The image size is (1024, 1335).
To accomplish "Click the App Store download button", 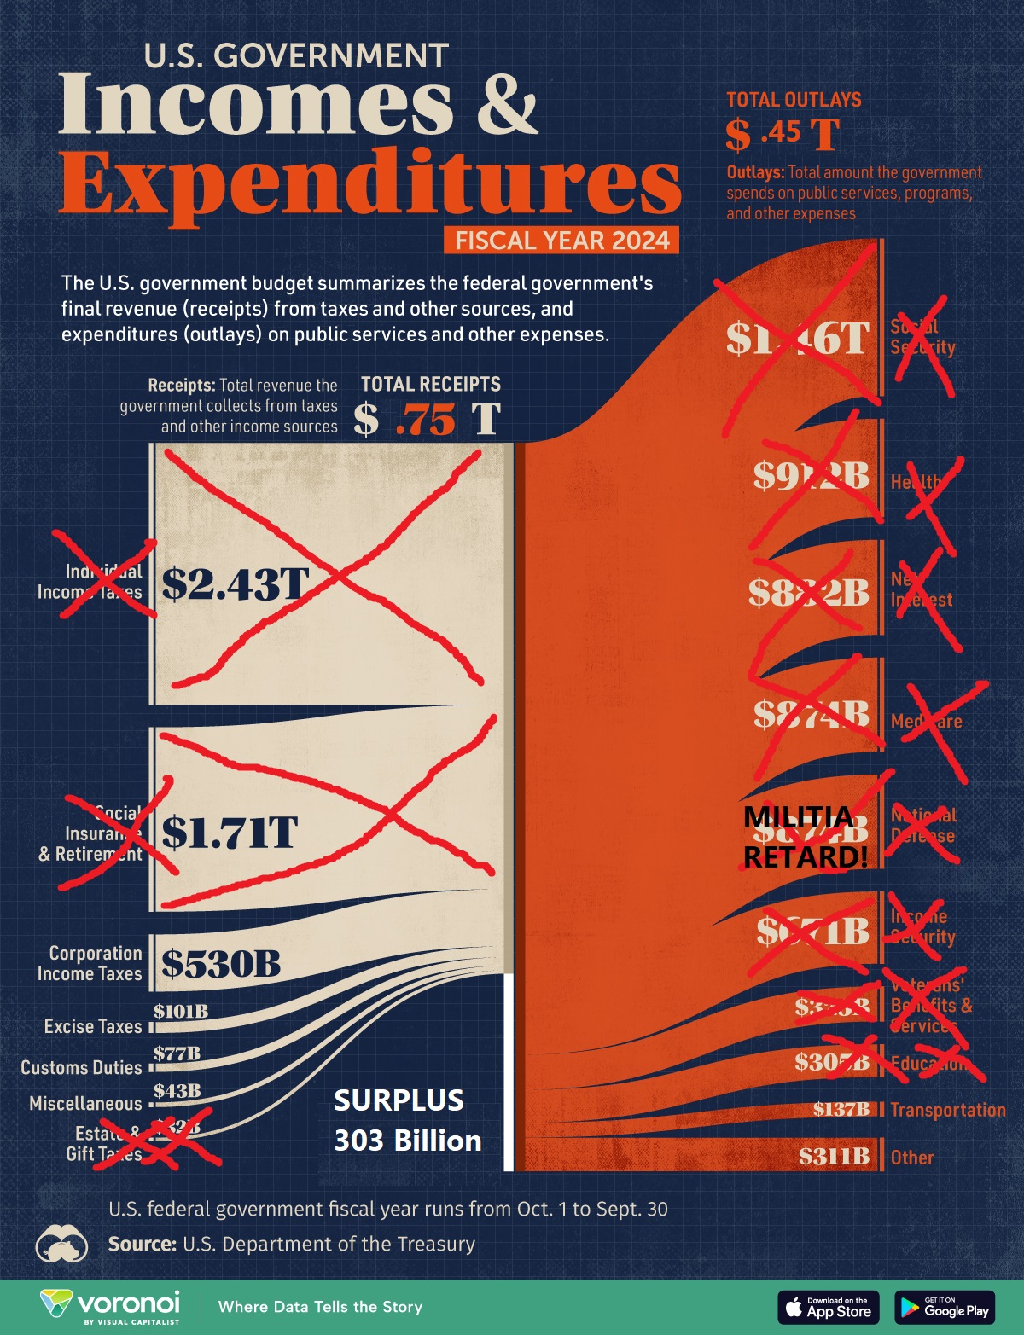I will pyautogui.click(x=828, y=1307).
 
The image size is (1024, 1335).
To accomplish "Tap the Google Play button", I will pyautogui.click(x=945, y=1307).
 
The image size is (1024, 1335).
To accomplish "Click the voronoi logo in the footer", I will pyautogui.click(x=111, y=1306).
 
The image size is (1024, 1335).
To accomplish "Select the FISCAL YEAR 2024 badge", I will pyautogui.click(x=561, y=241).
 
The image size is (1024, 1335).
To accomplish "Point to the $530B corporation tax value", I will pyautogui.click(x=221, y=964).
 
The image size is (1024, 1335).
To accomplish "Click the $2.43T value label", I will pyautogui.click(x=236, y=585).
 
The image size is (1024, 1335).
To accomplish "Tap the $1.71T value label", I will pyautogui.click(x=230, y=833).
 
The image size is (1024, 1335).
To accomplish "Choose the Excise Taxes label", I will pyautogui.click(x=93, y=1026).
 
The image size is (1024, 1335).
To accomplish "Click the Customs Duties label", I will pyautogui.click(x=81, y=1067).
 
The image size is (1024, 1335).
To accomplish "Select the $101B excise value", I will pyautogui.click(x=181, y=1012).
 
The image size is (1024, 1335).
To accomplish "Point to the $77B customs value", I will pyautogui.click(x=177, y=1053).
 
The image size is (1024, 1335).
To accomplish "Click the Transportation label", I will pyautogui.click(x=948, y=1110).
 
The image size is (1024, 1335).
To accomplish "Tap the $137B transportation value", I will pyautogui.click(x=841, y=1109).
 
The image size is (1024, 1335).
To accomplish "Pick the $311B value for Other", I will pyautogui.click(x=834, y=1157).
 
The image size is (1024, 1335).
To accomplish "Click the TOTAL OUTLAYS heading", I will pyautogui.click(x=794, y=100).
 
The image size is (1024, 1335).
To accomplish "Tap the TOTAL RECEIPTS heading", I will pyautogui.click(x=431, y=384).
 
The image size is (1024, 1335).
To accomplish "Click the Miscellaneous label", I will pyautogui.click(x=85, y=1104).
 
